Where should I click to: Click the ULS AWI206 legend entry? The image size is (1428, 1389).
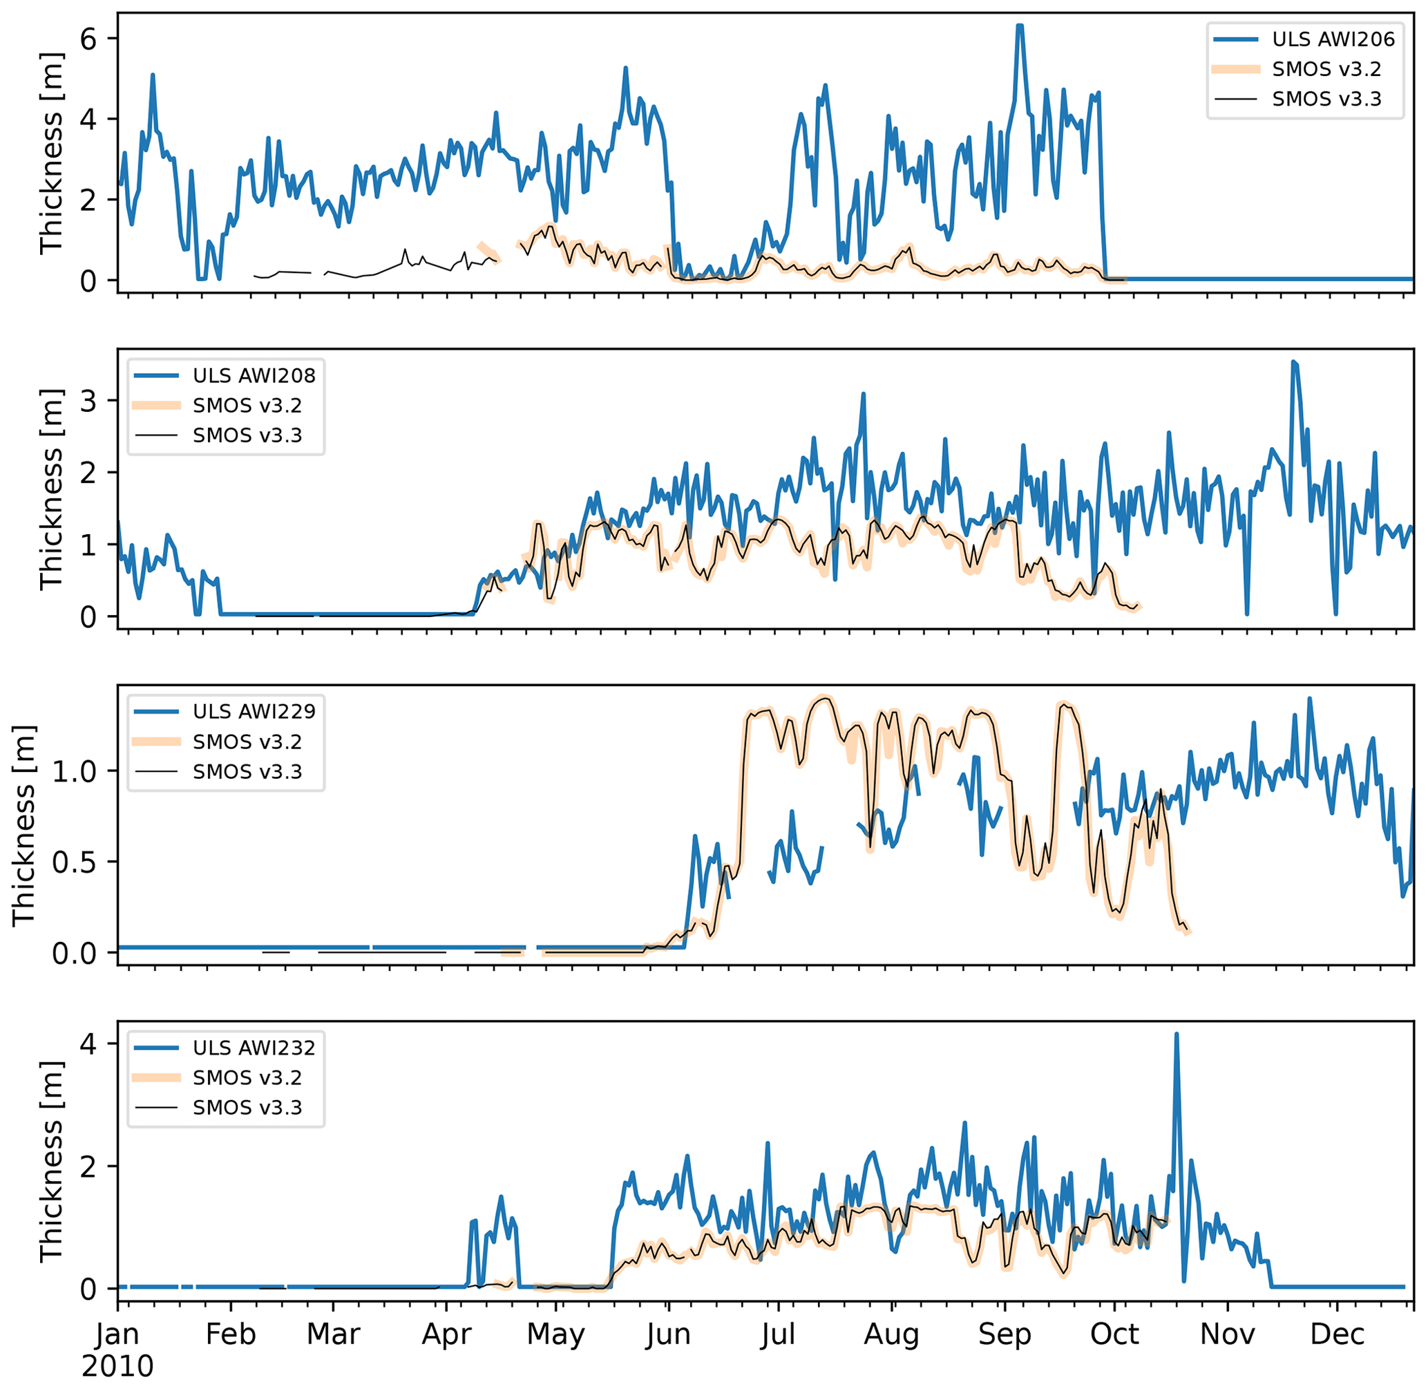(1333, 39)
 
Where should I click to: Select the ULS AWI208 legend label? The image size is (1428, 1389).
(254, 376)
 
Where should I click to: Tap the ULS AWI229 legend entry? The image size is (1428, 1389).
(254, 711)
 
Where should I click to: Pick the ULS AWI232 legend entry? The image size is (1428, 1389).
(254, 1048)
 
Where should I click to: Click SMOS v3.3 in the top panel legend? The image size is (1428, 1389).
(1326, 99)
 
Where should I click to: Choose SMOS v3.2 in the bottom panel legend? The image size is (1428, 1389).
(247, 1077)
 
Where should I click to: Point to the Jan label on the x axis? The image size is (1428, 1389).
(117, 1334)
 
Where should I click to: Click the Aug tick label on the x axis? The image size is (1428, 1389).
(891, 1334)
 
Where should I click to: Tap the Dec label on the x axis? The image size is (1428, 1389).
(1337, 1334)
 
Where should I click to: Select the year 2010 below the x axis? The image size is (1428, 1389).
(117, 1366)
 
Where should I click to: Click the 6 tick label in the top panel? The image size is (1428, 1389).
(88, 39)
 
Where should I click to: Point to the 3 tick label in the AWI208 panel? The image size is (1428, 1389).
(88, 401)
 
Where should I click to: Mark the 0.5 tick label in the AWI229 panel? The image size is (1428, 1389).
(75, 862)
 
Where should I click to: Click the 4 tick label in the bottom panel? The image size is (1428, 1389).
(88, 1044)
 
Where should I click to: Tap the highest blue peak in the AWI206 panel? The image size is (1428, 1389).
(1020, 26)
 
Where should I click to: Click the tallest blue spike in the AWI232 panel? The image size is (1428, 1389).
(1177, 1034)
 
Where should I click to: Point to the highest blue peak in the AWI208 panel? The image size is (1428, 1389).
(1294, 362)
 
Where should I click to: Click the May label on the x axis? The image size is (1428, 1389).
(555, 1334)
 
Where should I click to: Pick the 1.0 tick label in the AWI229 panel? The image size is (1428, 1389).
(75, 771)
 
